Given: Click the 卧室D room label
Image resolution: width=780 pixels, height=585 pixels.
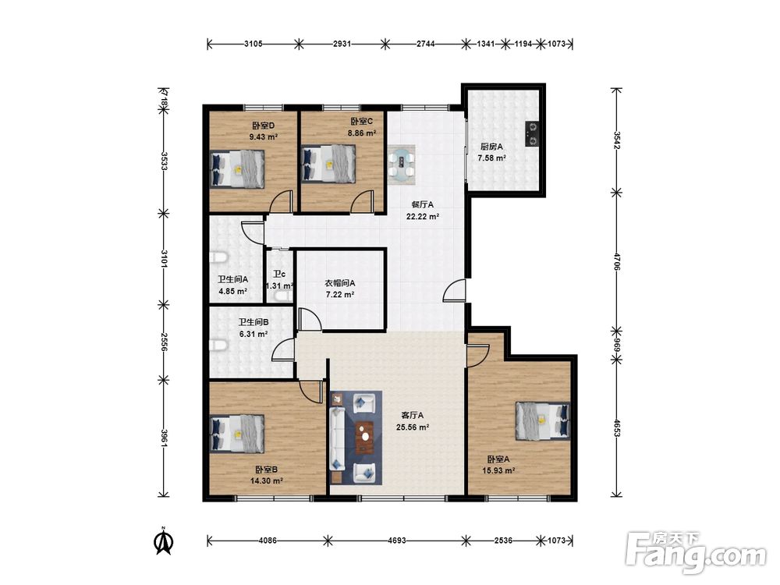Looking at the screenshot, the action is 264,126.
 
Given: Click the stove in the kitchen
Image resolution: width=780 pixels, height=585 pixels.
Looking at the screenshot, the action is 532,134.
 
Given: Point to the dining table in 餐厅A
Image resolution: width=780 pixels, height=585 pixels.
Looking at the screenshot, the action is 402,165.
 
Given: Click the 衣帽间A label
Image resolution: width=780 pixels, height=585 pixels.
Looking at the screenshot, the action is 340,283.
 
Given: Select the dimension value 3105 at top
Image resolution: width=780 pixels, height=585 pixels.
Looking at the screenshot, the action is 253,44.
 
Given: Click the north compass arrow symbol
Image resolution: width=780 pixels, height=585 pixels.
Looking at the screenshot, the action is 164,541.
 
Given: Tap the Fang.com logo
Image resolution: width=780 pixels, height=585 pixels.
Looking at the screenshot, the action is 696,551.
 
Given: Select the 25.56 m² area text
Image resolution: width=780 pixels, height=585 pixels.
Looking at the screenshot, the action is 413,427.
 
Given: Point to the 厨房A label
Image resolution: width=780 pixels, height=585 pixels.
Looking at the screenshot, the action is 491,147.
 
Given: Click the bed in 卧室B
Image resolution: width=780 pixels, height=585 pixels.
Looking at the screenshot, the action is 237,433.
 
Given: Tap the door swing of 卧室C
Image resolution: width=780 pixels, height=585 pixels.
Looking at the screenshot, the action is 362,201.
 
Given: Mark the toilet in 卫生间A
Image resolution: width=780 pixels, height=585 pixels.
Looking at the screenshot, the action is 218,258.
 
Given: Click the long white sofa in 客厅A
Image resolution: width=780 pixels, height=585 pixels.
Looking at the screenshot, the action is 338,438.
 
